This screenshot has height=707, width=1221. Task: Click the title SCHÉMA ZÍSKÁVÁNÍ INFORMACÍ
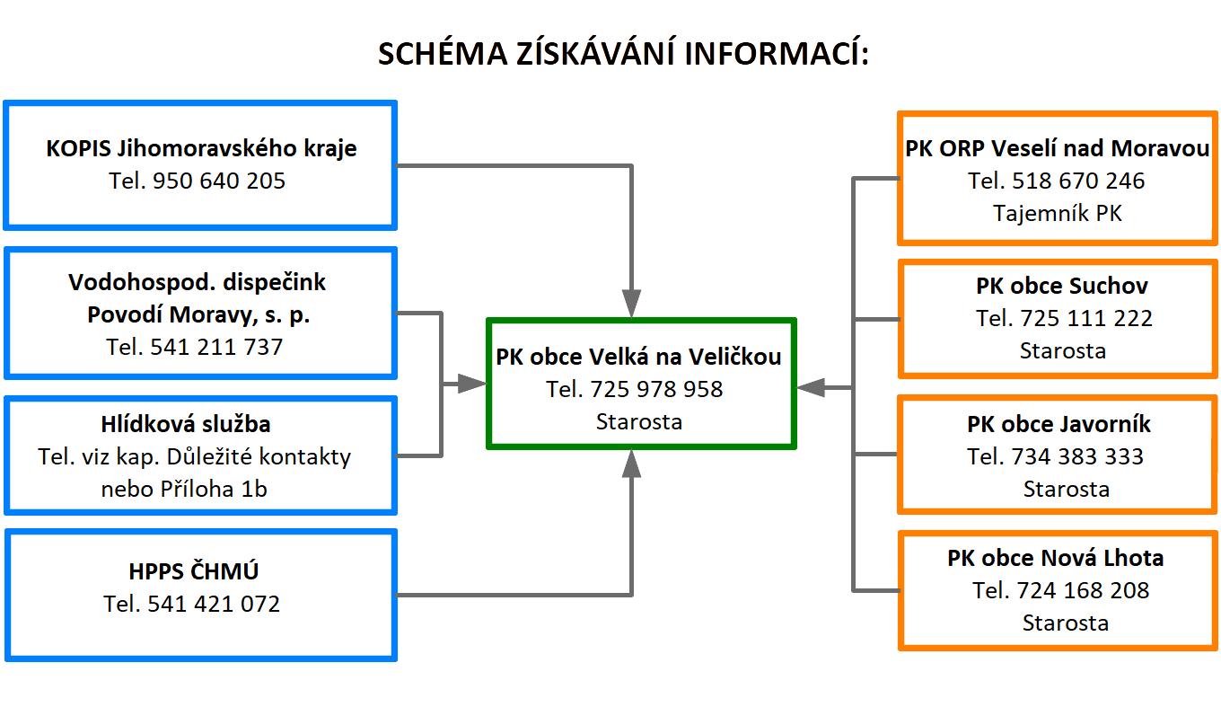(x=623, y=54)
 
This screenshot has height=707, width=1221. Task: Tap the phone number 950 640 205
(x=219, y=181)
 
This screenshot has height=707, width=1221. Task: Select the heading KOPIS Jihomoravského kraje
(x=201, y=148)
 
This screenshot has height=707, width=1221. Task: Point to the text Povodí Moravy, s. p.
(x=198, y=315)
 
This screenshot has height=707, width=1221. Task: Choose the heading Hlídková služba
(x=198, y=424)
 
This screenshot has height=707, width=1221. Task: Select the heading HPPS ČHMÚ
(x=194, y=571)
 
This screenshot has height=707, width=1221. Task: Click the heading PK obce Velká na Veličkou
(x=638, y=357)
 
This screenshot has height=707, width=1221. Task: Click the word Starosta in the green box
(x=638, y=421)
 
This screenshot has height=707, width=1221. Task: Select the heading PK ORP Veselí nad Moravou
(x=1058, y=148)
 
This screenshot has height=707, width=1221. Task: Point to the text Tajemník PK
(x=1058, y=213)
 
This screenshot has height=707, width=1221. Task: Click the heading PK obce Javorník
(x=1058, y=424)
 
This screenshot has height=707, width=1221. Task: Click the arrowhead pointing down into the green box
(x=632, y=304)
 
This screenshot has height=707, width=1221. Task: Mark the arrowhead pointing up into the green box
(x=632, y=463)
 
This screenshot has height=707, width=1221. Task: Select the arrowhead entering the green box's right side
(x=811, y=387)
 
